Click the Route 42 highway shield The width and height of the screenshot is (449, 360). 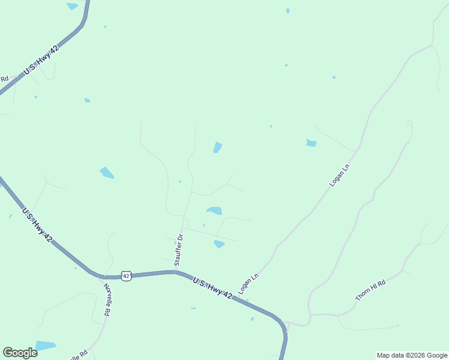(125, 275)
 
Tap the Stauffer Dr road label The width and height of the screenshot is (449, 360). (178, 250)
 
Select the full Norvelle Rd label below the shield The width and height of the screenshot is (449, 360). (108, 299)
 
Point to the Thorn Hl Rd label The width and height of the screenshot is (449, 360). (370, 290)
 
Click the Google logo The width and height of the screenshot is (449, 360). (20, 353)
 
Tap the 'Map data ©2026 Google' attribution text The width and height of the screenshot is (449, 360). (412, 355)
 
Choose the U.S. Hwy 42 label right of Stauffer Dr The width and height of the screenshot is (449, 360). (212, 287)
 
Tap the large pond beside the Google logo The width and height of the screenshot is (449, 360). (45, 346)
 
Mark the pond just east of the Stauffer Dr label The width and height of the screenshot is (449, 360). (219, 244)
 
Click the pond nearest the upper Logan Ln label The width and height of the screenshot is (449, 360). (311, 143)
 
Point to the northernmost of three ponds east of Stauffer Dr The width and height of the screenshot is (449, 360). (217, 147)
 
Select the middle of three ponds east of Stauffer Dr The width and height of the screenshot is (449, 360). (214, 211)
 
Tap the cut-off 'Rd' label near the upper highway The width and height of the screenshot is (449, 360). (4, 79)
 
